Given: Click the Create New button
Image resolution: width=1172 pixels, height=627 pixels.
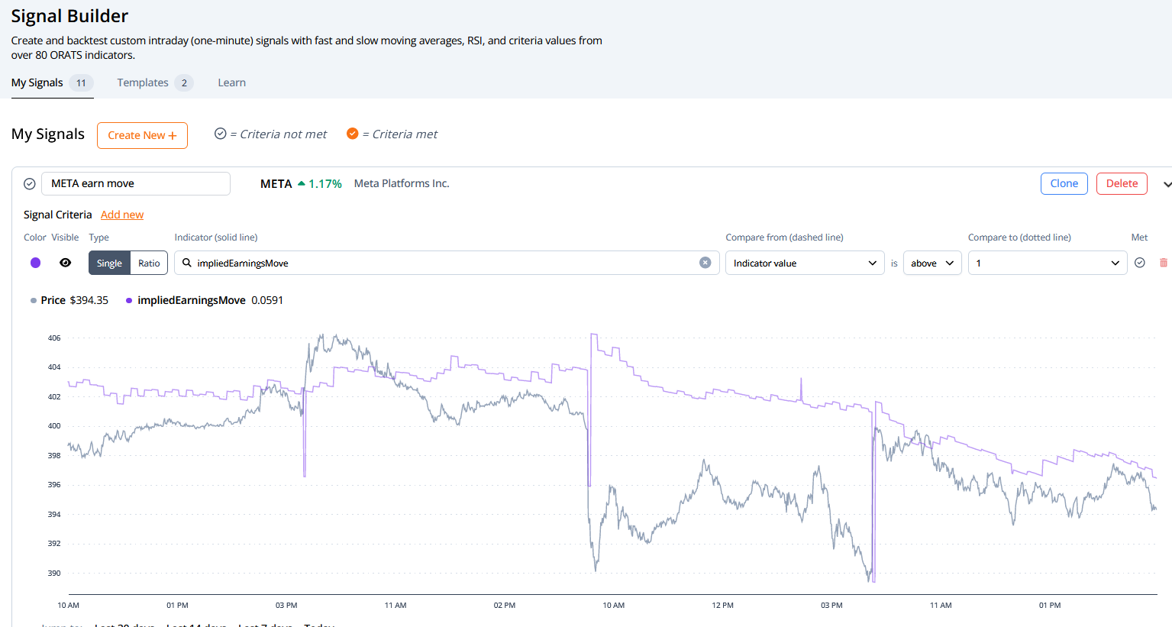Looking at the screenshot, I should (x=142, y=135).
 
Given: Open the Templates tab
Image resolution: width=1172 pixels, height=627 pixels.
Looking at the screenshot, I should (x=143, y=82).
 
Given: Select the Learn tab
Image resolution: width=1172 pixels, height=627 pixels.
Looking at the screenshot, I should (x=231, y=82).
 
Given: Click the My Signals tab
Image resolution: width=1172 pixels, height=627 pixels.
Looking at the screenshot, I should (x=37, y=82).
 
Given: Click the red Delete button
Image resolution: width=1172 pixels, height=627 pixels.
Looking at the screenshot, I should (x=1122, y=183).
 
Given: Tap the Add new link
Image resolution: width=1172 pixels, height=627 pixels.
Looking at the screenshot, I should (x=122, y=215).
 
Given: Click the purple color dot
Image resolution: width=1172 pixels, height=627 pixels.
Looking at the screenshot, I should (x=35, y=263).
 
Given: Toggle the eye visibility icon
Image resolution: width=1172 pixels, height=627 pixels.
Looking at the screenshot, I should (x=66, y=263).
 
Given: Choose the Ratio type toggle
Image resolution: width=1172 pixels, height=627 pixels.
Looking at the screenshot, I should (x=149, y=263).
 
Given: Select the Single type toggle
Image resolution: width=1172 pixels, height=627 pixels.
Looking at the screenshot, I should (x=109, y=263).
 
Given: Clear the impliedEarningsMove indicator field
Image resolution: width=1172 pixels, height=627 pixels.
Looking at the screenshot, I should (x=705, y=263).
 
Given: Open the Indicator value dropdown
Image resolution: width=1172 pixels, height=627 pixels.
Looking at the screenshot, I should (x=804, y=263).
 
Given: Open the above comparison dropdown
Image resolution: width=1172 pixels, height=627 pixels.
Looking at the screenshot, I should (x=931, y=263).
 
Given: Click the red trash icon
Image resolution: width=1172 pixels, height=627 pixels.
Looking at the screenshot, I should (x=1164, y=263).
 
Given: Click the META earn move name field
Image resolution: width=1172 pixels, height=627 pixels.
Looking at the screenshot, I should (x=136, y=183).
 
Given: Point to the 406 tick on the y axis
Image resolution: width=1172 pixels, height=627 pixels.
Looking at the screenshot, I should (x=54, y=338).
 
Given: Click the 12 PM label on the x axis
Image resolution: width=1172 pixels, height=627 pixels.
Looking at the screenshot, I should (x=722, y=605).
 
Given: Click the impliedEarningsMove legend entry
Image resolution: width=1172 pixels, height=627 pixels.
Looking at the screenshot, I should (x=191, y=300).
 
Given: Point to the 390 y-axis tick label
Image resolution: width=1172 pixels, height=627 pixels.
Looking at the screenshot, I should (x=54, y=573).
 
